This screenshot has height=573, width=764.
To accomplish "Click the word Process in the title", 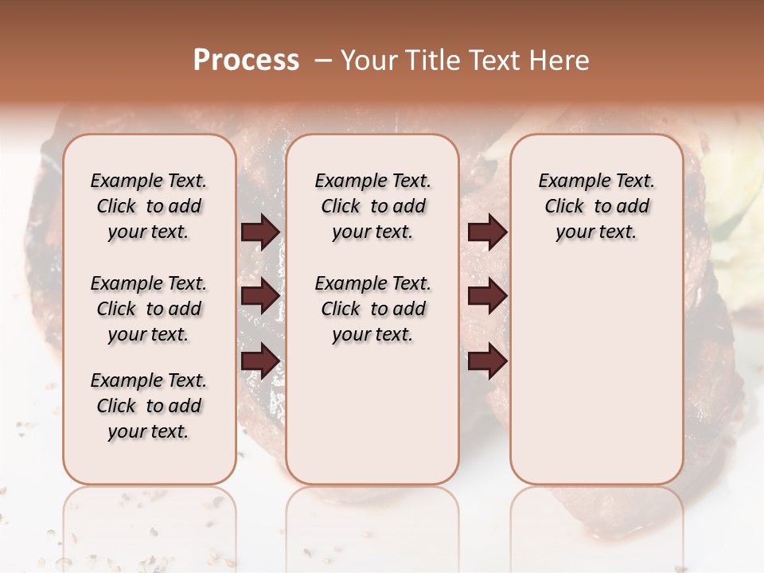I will click(x=246, y=60).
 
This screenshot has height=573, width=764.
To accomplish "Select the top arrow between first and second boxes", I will click(x=260, y=232).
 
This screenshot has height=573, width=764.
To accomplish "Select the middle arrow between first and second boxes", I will click(x=260, y=296).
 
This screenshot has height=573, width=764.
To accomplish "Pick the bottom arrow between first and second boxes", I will click(x=260, y=361).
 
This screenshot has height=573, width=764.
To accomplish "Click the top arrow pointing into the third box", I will click(x=487, y=232).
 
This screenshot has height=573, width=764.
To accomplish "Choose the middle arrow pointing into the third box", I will click(x=487, y=296).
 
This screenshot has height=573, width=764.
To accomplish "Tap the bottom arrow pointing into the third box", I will click(x=487, y=361).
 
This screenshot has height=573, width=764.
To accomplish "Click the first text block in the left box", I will click(x=149, y=206).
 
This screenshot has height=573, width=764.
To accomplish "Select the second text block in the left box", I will click(x=149, y=309).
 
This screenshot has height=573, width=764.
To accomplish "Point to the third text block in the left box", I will click(x=149, y=406).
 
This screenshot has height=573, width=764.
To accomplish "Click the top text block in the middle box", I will click(x=372, y=206).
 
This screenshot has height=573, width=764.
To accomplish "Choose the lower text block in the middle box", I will click(x=372, y=309).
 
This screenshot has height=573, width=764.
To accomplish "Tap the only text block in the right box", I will click(x=596, y=206).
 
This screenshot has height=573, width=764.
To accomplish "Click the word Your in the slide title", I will click(x=370, y=60).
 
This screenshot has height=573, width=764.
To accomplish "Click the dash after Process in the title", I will click(x=323, y=60).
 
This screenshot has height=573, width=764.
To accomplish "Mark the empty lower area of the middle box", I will click(x=372, y=414).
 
